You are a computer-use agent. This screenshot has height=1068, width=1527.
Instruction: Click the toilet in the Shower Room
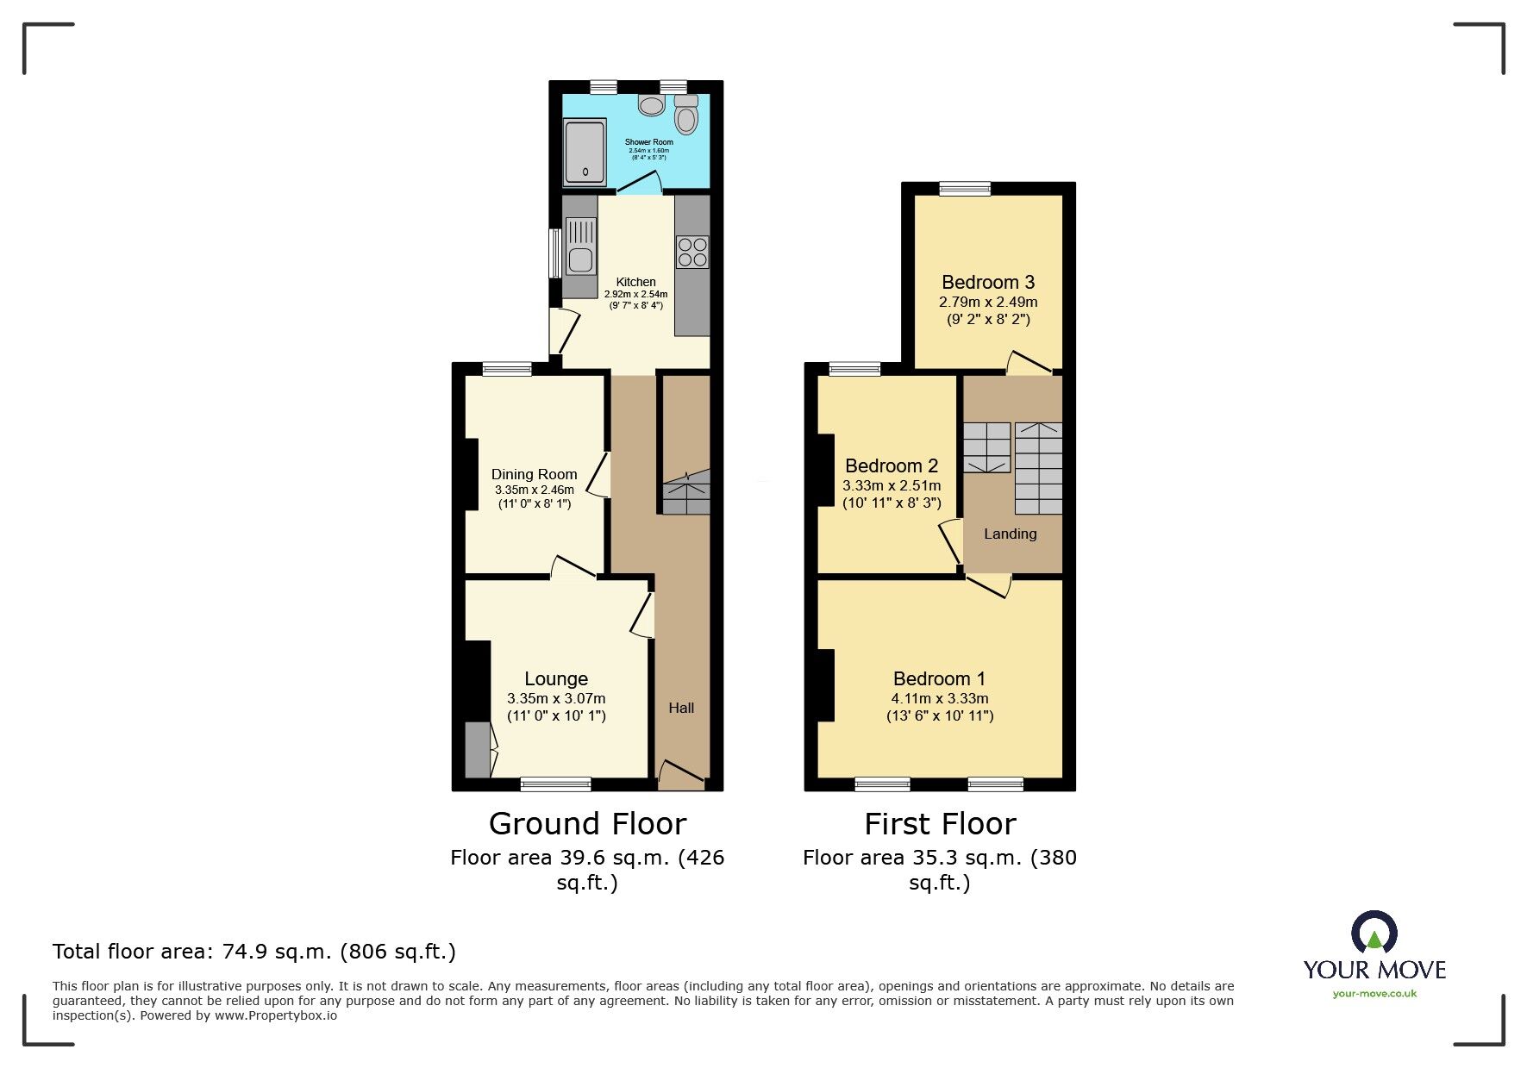point(686,116)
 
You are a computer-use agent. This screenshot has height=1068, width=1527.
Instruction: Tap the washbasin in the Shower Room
point(652,105)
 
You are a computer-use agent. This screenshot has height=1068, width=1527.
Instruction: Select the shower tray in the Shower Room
point(585,153)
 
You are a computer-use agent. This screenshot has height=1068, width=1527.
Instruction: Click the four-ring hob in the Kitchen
point(692,252)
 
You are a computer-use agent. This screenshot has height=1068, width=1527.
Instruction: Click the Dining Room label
point(534,474)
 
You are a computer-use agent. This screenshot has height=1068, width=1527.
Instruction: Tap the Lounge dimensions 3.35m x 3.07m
point(556,698)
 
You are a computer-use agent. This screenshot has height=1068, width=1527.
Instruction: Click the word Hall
point(681,708)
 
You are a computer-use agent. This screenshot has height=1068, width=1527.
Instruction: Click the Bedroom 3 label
point(988,282)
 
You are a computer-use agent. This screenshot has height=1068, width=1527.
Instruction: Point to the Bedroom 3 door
point(1029,363)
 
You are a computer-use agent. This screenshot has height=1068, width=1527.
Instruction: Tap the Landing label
point(1011,534)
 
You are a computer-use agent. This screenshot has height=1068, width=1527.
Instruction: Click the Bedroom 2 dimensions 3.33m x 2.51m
point(892,485)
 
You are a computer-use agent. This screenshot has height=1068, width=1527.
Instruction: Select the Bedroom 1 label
point(939,678)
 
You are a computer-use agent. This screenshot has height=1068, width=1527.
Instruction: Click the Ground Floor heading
point(587,824)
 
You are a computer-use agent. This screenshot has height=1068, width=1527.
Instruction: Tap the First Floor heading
point(940,824)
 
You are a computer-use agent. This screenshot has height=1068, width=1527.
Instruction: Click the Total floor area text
point(254,952)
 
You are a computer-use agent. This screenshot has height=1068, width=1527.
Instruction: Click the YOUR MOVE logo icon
point(1374,934)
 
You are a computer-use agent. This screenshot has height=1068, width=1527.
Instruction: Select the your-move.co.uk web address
point(1374,994)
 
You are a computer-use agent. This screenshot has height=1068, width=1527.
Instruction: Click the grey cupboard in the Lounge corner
point(477,749)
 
